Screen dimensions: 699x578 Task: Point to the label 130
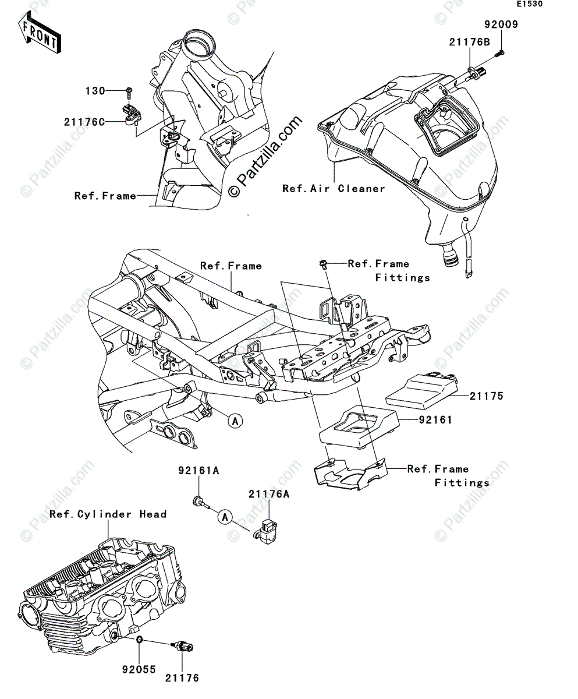(95, 91)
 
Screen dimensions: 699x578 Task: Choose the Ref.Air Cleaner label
(334, 189)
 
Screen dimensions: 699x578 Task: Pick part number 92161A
(200, 470)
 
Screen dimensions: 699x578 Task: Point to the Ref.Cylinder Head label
(108, 514)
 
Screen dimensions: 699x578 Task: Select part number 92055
(139, 670)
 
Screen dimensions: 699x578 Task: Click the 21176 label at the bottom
(182, 678)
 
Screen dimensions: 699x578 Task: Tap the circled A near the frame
(233, 420)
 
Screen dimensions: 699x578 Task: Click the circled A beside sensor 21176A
(225, 516)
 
